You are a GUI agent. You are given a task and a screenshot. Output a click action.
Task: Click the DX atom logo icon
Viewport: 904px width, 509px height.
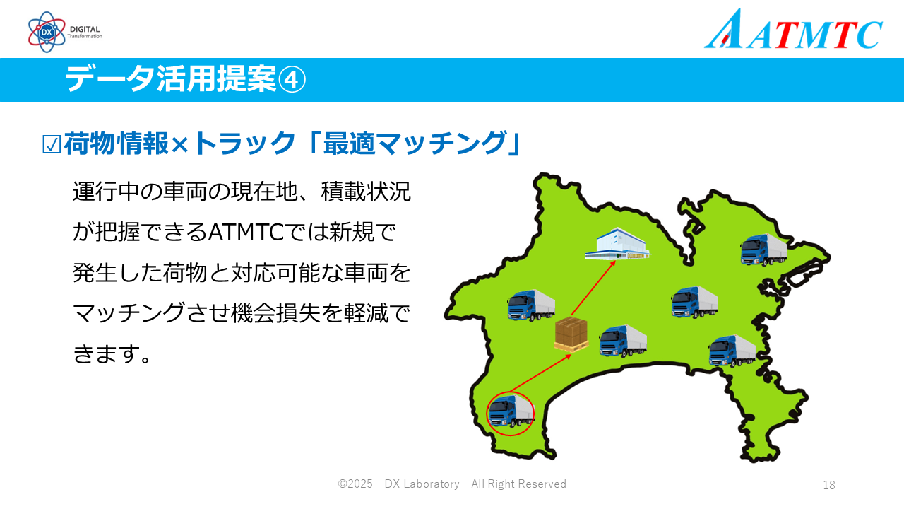pyautogui.click(x=47, y=32)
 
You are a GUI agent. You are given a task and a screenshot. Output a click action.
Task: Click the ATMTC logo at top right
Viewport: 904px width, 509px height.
pyautogui.click(x=793, y=29)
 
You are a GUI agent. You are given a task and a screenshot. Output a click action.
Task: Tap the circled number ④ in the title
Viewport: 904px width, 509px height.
pyautogui.click(x=292, y=80)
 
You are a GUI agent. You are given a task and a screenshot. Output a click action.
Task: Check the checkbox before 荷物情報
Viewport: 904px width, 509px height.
pyautogui.click(x=52, y=144)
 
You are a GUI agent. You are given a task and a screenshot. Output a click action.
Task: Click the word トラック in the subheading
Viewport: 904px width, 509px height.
pyautogui.click(x=244, y=143)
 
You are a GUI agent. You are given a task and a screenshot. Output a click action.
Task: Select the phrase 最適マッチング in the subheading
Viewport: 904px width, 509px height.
pyautogui.click(x=415, y=143)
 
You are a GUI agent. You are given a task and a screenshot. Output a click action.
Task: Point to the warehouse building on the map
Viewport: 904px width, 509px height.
pyautogui.click(x=617, y=244)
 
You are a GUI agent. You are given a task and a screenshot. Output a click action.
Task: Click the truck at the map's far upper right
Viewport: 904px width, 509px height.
pyautogui.click(x=764, y=250)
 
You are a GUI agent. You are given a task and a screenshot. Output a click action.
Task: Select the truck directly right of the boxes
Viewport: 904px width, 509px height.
pyautogui.click(x=623, y=341)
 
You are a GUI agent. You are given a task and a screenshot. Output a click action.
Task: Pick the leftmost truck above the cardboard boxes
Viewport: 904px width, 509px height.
pyautogui.click(x=531, y=305)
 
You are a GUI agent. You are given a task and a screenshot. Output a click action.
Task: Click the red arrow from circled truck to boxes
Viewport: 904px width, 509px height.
pyautogui.click(x=541, y=373)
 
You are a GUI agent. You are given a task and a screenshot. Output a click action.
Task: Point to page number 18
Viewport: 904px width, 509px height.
pyautogui.click(x=829, y=485)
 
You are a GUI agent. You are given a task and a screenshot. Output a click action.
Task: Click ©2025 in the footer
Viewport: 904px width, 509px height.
pyautogui.click(x=355, y=484)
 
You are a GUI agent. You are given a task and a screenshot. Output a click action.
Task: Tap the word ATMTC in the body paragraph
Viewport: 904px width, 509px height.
pyautogui.click(x=246, y=233)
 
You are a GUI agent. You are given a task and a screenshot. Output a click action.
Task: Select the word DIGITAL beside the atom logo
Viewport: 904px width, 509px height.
pyautogui.click(x=85, y=29)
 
